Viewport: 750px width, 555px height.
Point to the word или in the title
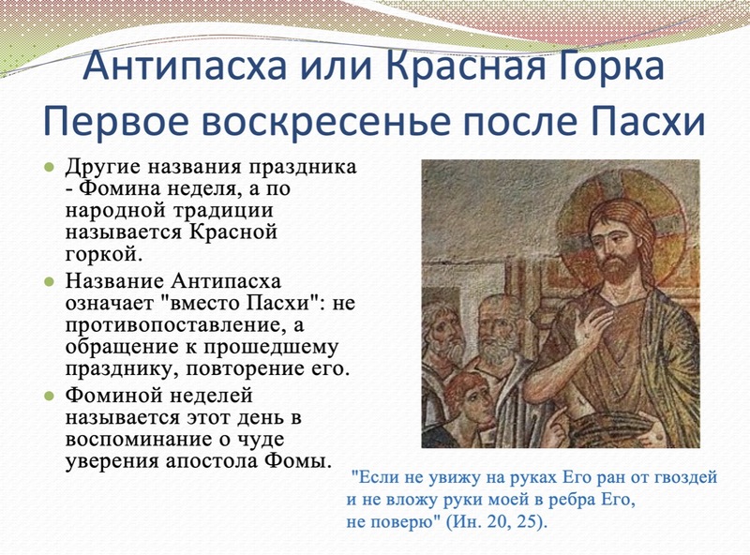(x=333, y=65)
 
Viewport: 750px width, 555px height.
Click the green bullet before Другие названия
(x=49, y=168)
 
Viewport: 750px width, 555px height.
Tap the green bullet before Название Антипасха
(x=49, y=281)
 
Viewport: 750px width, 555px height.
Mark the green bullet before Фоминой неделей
(x=49, y=396)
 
